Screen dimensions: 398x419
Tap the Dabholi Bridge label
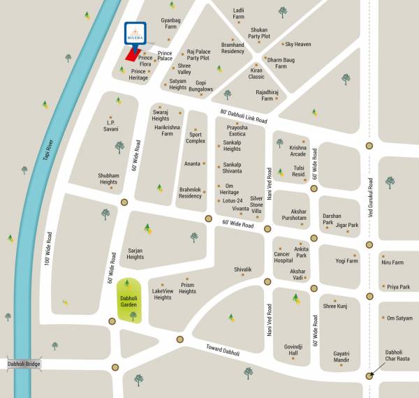click(25, 364)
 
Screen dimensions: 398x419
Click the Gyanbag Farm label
click(171, 25)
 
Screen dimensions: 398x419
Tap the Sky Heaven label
click(298, 44)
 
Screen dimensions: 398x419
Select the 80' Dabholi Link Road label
click(244, 116)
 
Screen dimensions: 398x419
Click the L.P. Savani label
click(108, 125)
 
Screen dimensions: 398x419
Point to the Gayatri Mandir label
click(345, 357)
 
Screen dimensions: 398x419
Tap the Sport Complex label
click(196, 138)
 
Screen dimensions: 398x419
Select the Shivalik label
click(242, 269)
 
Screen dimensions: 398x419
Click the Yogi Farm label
click(346, 260)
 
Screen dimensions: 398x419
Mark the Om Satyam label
click(399, 318)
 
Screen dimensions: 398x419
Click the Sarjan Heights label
click(135, 253)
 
